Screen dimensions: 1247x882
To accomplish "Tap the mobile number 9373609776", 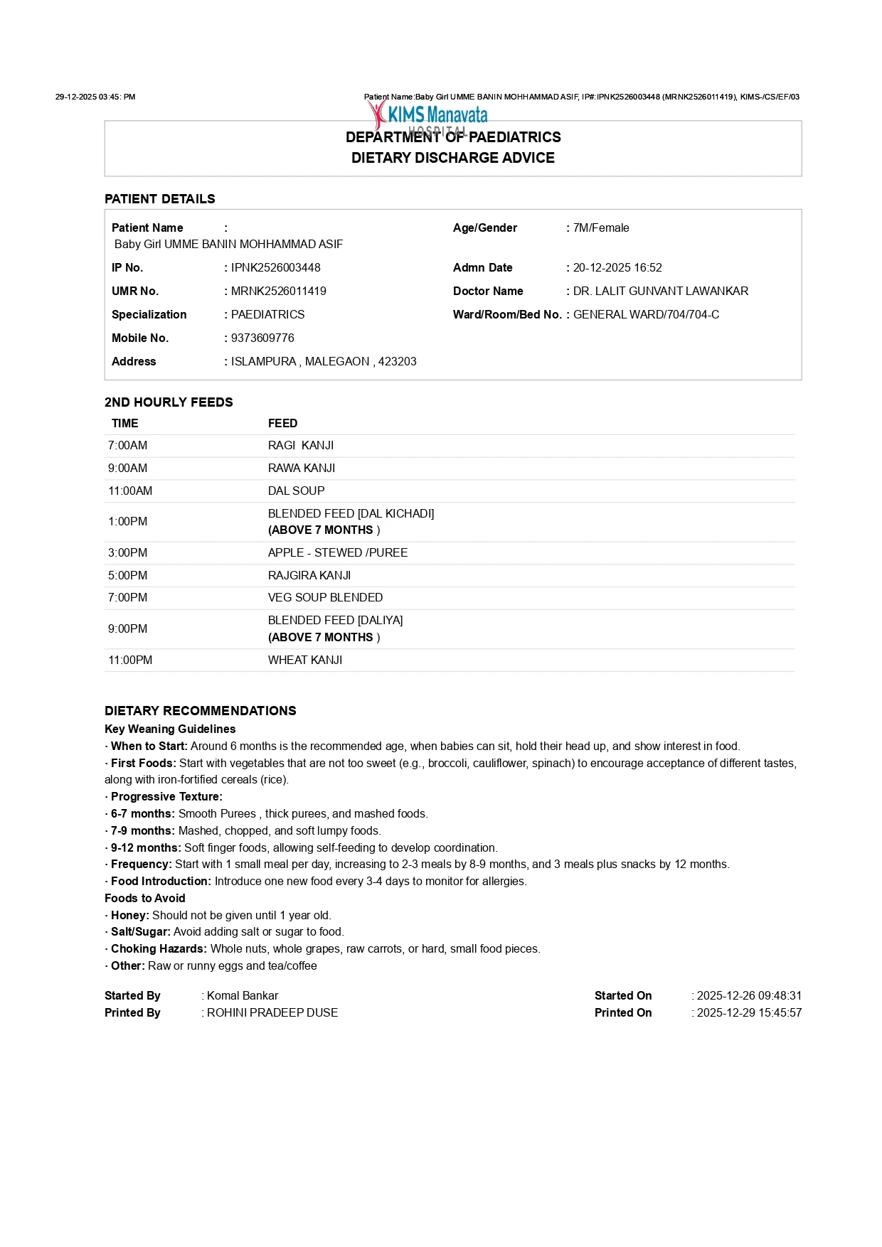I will click(262, 338).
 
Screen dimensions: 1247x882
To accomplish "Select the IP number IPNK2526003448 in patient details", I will click(276, 267).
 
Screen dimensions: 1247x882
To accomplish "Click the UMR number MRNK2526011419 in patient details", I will click(279, 291).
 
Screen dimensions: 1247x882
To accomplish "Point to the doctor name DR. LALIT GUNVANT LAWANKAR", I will click(661, 291).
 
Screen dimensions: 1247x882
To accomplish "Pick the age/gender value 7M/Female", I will click(601, 228).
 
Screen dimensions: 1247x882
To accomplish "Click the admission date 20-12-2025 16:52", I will click(617, 267).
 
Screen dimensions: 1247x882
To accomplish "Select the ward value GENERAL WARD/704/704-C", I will click(646, 314).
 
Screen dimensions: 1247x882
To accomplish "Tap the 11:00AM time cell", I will click(130, 491).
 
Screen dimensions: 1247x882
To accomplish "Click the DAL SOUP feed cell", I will click(297, 491).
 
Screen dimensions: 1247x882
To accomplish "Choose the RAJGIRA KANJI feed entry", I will click(309, 575).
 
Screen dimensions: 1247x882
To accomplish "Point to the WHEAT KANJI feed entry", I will click(305, 660).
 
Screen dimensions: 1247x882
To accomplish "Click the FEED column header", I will click(282, 423).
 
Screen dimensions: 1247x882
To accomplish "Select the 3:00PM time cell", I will click(128, 552).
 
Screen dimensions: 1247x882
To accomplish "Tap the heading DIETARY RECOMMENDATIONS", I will click(201, 710).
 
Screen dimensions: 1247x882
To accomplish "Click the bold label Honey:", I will click(130, 915).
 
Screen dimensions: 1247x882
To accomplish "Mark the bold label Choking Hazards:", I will click(159, 948).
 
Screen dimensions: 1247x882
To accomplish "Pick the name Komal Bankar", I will click(243, 995).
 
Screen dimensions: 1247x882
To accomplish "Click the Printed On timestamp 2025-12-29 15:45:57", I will click(749, 1012).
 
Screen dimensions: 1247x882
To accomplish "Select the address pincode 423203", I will click(397, 361).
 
